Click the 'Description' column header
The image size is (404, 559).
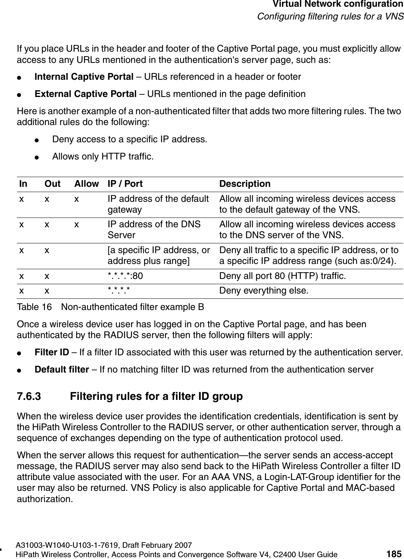[x=244, y=184]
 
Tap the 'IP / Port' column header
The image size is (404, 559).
[x=125, y=184]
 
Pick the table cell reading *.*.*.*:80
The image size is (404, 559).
[x=125, y=276]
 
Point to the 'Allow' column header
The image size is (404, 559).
[x=86, y=184]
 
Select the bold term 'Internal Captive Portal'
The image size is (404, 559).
[x=84, y=77]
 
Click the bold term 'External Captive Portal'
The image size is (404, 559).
[x=85, y=94]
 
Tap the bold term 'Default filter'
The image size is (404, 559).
[x=62, y=370]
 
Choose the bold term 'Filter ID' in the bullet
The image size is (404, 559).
[x=52, y=352]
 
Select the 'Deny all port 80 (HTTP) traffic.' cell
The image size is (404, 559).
[x=282, y=276]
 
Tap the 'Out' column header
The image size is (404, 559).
[x=52, y=184]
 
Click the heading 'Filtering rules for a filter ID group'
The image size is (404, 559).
[x=156, y=396]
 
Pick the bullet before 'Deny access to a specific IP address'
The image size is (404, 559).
[x=36, y=140]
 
